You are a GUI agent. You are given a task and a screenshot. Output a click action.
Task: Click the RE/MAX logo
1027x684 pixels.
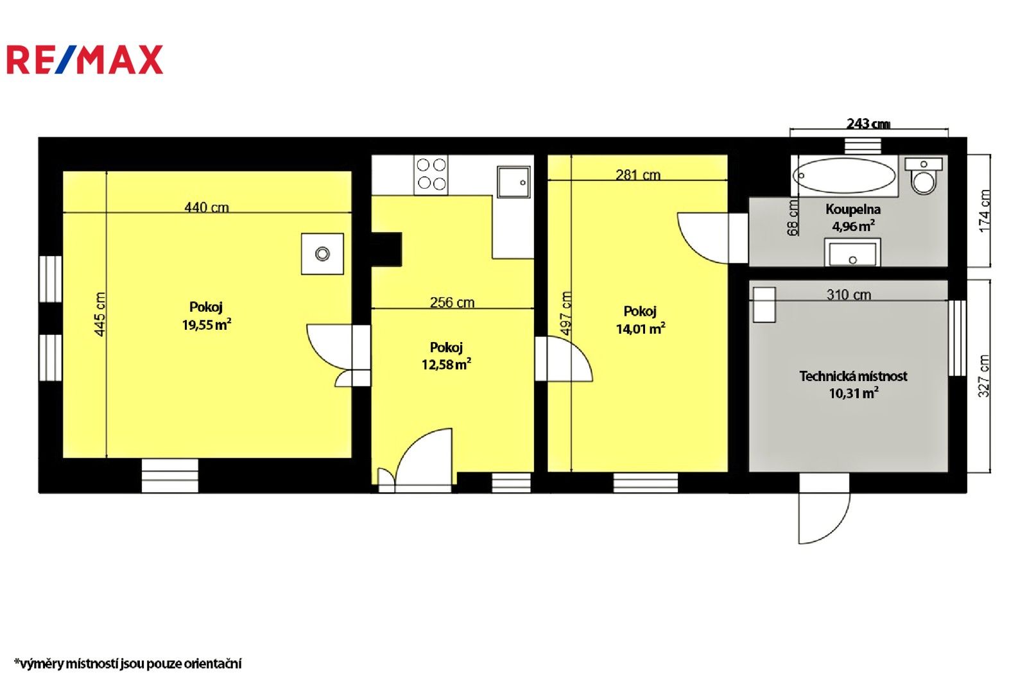84,60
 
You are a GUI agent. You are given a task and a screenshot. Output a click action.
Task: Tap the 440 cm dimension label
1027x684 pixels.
206,207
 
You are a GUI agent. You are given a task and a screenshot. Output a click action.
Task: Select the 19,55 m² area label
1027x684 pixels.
206,325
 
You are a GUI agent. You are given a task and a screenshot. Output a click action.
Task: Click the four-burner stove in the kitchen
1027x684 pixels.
431,175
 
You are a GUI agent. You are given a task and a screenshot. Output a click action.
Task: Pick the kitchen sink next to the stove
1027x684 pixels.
513,182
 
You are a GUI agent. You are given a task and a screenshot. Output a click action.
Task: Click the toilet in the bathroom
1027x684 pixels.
924,176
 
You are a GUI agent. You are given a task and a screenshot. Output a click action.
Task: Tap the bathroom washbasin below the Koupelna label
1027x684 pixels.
852,253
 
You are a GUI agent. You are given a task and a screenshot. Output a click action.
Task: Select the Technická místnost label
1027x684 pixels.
853,376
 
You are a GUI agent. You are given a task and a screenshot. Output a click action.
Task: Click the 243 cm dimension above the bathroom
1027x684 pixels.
868,123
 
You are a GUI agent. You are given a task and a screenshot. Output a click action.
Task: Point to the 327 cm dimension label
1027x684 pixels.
984,376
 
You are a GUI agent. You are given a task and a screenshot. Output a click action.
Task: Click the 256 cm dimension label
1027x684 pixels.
452,302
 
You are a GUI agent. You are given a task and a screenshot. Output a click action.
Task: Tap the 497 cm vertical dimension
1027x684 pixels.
566,313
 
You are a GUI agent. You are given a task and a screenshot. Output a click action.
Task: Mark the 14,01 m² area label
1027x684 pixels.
640,329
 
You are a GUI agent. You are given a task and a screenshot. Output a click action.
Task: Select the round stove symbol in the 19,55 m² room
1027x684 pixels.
322,254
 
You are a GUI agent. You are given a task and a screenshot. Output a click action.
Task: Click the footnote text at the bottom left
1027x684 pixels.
128,663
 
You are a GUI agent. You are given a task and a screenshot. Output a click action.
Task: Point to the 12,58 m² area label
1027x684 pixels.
446,364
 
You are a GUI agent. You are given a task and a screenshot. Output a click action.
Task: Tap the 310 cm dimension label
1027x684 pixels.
849,295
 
